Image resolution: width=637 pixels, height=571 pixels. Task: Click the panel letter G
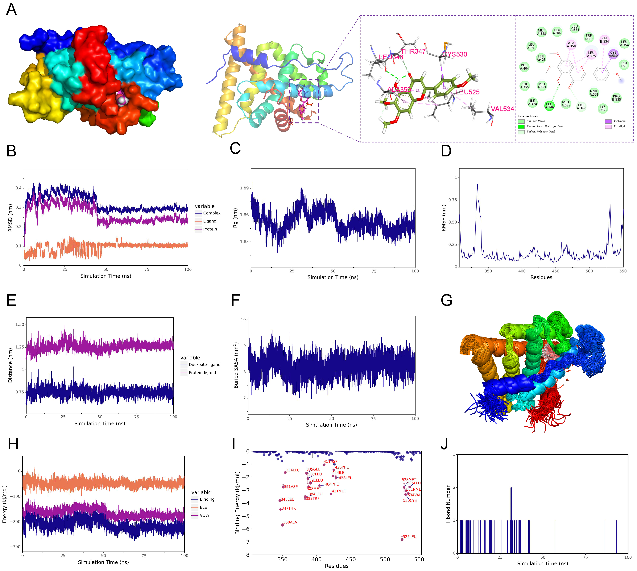coord(446,300)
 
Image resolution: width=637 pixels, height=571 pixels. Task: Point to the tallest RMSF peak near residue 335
coord(477,185)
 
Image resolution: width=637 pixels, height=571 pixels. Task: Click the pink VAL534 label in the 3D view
coord(502,109)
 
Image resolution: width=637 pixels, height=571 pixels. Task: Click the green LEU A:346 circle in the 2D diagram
coord(549,106)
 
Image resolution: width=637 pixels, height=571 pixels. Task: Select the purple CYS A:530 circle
coord(613,54)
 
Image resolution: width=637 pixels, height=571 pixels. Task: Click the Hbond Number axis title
coord(448,504)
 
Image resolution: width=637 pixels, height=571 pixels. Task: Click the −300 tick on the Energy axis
coord(15,547)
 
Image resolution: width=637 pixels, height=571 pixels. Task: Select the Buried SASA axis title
coord(236,366)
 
